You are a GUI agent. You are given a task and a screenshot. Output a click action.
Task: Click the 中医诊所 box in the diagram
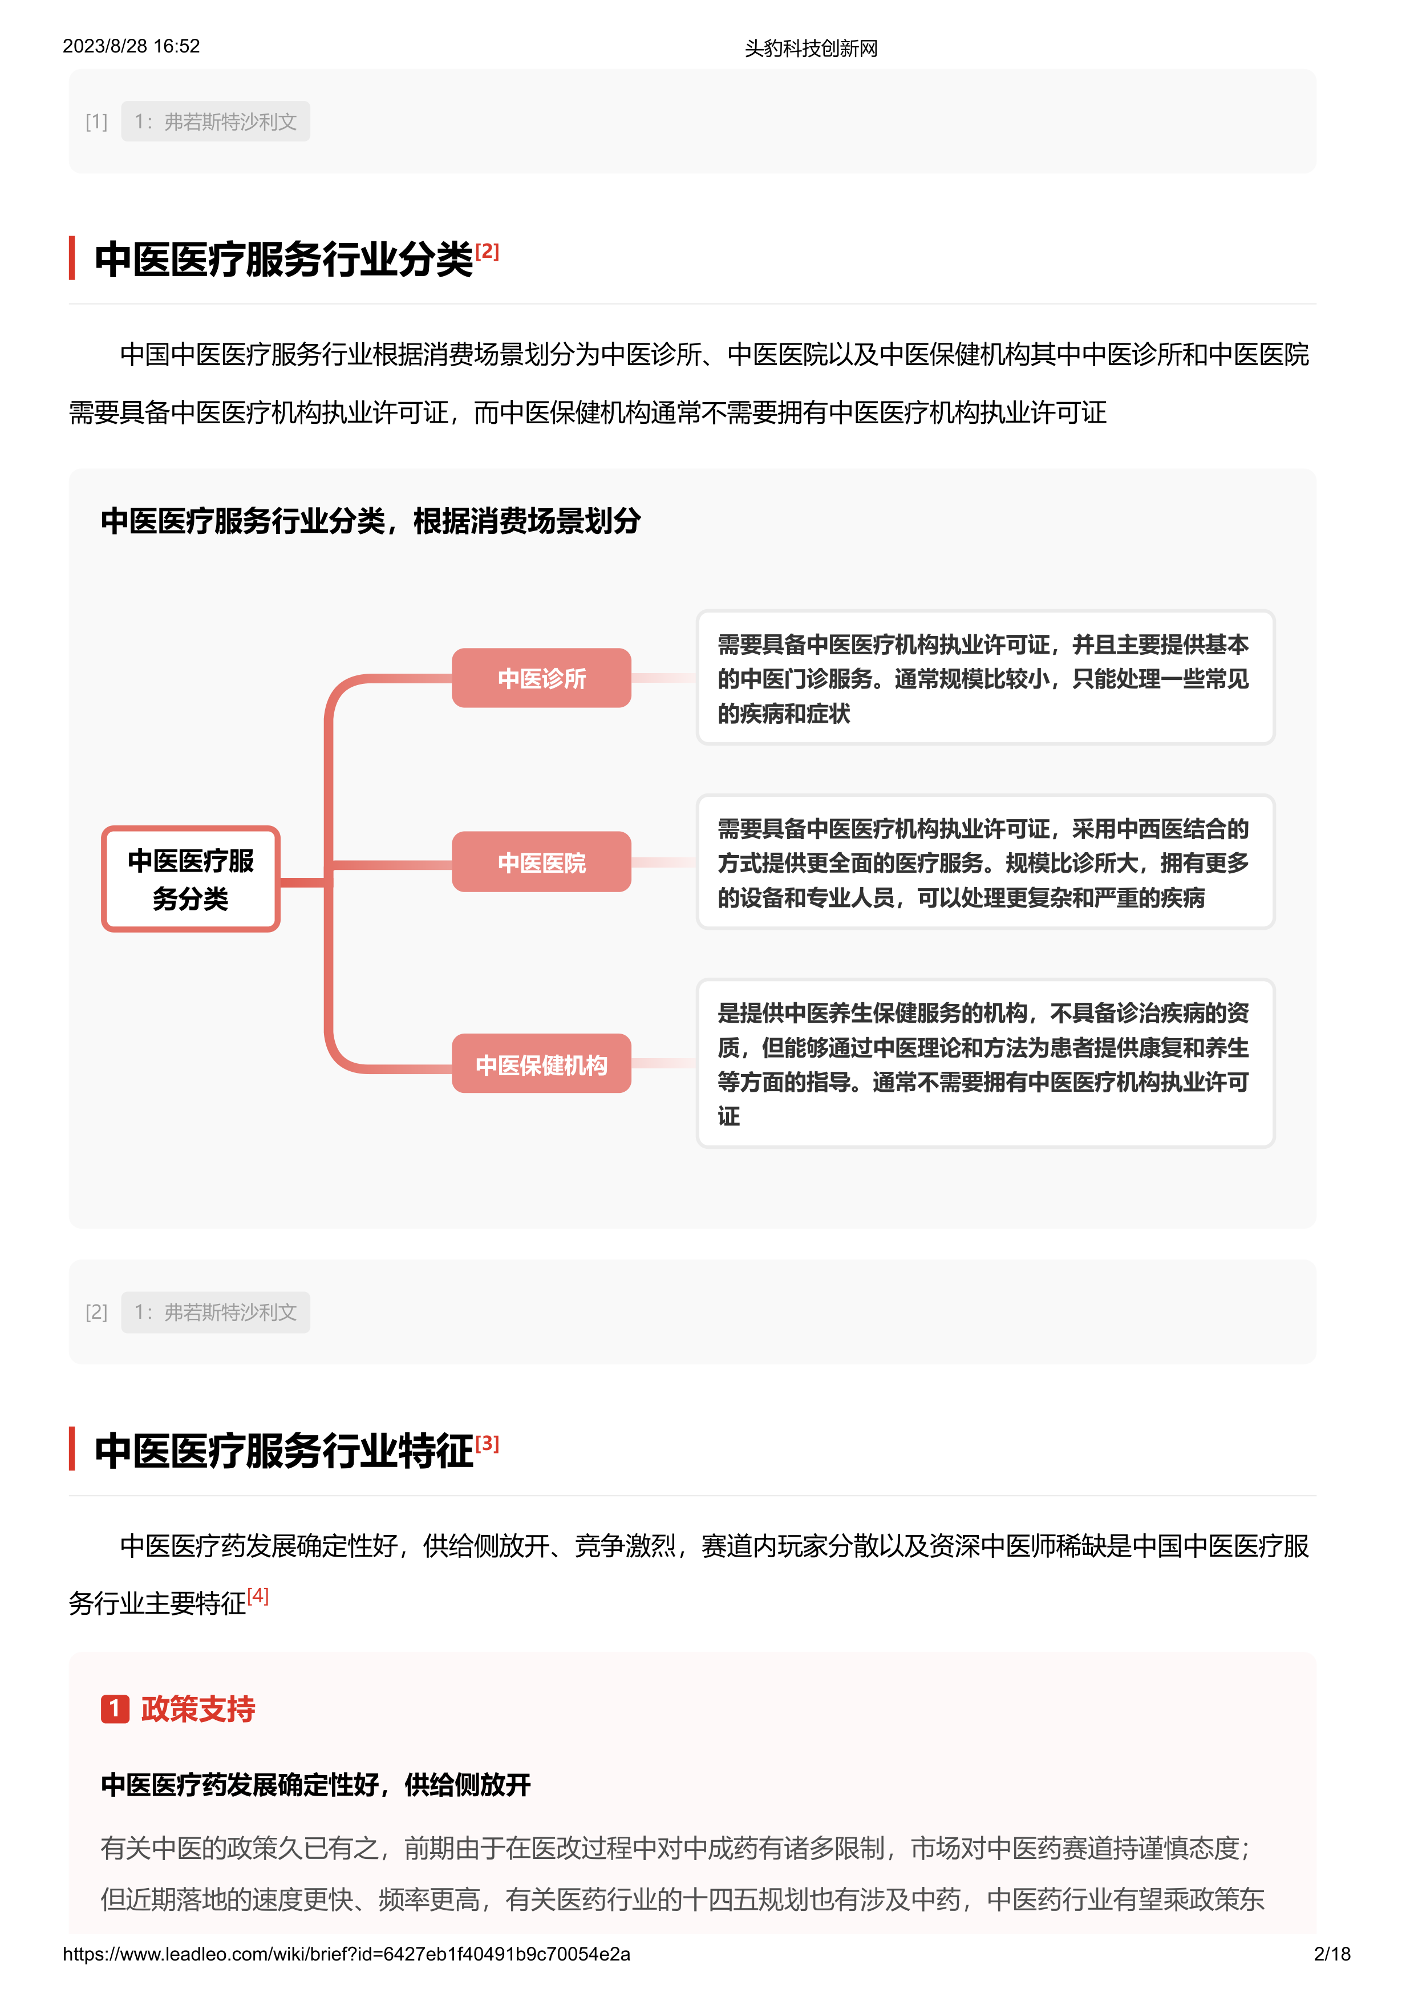click(x=541, y=678)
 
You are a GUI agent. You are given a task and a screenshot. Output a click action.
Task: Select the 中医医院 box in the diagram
click(x=541, y=862)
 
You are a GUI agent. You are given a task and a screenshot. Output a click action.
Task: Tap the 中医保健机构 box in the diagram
click(x=541, y=1064)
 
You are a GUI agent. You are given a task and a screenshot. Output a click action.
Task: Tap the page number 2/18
click(x=1331, y=1954)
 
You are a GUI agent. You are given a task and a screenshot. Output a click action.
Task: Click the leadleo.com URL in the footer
click(x=346, y=1954)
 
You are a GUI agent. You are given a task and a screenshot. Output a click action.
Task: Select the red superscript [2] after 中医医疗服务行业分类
click(x=487, y=251)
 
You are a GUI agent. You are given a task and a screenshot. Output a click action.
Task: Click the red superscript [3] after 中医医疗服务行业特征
click(x=487, y=1443)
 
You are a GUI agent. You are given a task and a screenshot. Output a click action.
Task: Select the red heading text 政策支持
click(x=198, y=1709)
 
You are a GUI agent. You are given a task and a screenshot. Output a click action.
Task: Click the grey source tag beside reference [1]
click(x=215, y=122)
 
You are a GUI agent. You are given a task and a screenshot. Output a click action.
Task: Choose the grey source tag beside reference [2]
click(x=215, y=1313)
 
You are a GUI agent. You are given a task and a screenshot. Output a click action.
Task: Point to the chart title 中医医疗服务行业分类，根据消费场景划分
click(x=370, y=521)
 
